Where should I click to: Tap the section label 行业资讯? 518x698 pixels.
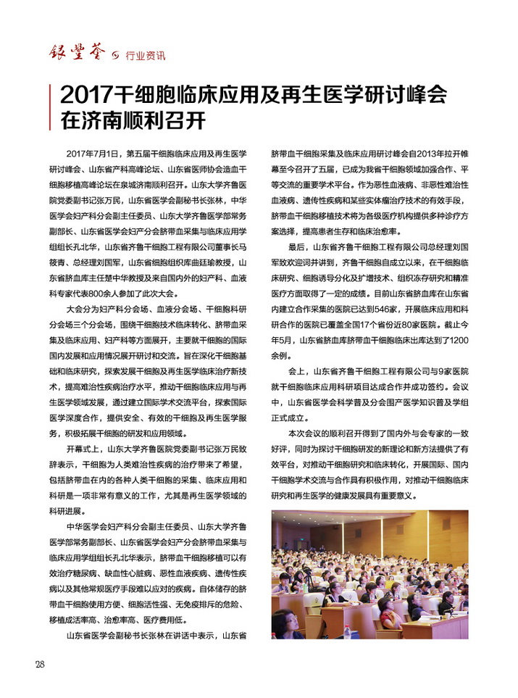145,54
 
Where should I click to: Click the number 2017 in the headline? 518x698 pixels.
85,95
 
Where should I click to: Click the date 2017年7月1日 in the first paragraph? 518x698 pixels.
91,154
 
